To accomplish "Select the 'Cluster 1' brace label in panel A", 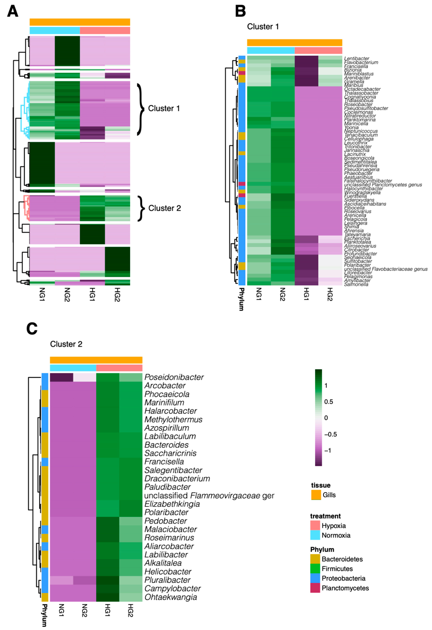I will (x=164, y=108).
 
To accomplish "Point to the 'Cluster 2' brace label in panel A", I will (x=164, y=208).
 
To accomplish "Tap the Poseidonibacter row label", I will (x=174, y=377).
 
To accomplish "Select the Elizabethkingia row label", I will (x=172, y=504).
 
